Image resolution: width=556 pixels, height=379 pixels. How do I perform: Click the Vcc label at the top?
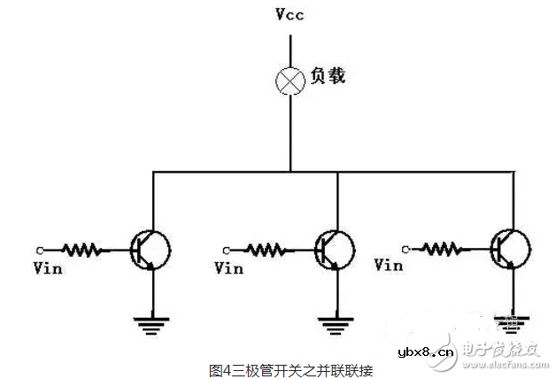290,16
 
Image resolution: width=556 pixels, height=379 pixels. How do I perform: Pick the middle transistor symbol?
333,250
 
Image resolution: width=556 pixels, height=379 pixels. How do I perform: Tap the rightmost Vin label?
390,265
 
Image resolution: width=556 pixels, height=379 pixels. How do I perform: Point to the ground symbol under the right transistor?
512,318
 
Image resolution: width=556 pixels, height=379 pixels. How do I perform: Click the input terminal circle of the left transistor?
40,250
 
